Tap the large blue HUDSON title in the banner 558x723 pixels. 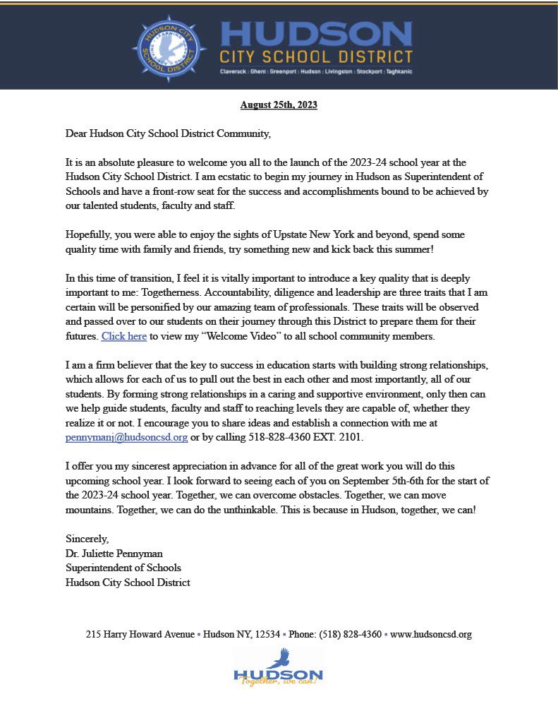(316, 33)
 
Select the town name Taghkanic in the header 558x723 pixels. (397, 71)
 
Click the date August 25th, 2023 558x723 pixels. (279, 105)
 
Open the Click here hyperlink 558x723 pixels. (124, 336)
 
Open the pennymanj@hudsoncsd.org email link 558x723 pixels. (126, 437)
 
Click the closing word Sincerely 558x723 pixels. (87, 539)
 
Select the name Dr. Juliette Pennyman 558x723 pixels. (114, 554)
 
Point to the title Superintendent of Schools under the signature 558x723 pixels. (123, 568)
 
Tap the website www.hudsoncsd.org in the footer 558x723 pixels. (430, 634)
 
